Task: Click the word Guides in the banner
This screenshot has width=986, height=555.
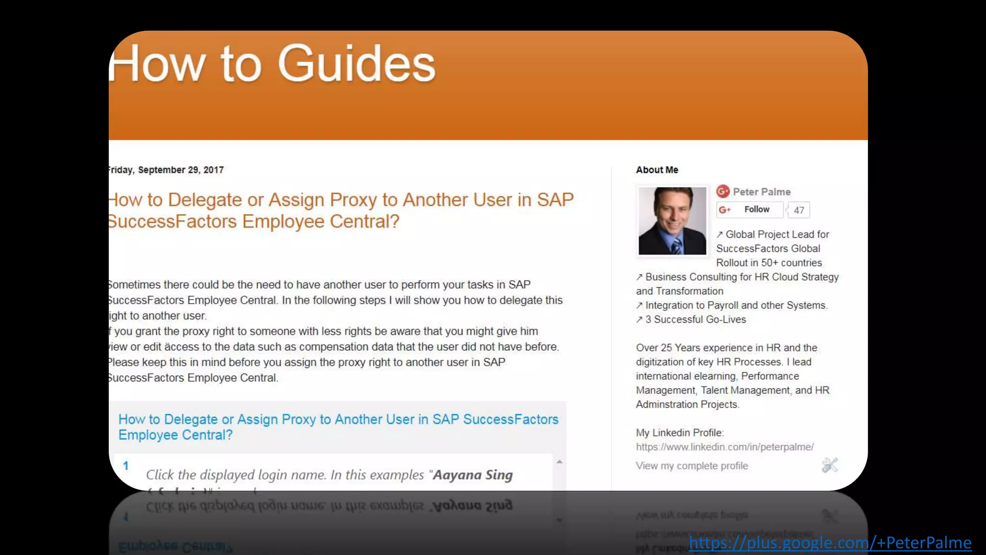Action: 357,64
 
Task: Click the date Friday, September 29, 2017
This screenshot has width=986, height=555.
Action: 165,170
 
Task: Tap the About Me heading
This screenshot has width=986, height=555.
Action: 657,170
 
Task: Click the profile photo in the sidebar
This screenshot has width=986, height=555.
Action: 672,221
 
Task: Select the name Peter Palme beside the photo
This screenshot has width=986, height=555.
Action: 762,192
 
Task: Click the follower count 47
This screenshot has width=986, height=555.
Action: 799,210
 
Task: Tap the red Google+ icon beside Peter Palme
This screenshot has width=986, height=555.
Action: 723,191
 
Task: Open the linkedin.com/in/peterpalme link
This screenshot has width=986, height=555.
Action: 725,447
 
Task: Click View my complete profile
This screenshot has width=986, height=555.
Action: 692,466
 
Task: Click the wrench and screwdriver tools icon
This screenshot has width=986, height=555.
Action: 830,465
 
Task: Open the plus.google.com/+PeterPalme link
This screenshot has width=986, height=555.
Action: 830,543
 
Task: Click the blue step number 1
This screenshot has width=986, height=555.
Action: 126,466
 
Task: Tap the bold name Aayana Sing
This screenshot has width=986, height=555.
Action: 473,475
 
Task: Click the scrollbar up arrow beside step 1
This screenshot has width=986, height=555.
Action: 559,462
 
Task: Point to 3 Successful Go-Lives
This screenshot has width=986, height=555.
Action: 695,320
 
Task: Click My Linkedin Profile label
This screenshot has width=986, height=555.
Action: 679,433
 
